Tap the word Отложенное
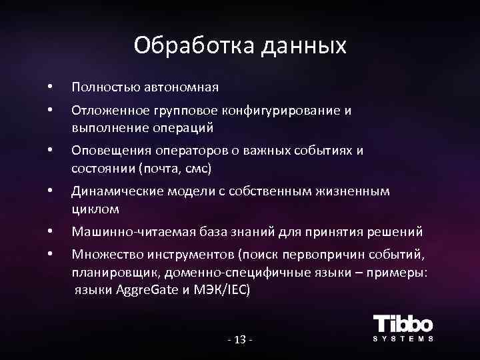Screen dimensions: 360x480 pos(106,111)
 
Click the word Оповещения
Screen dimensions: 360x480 pos(106,150)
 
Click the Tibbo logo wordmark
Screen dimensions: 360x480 pos(403,324)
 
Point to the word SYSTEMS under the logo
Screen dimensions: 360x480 pos(403,339)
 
